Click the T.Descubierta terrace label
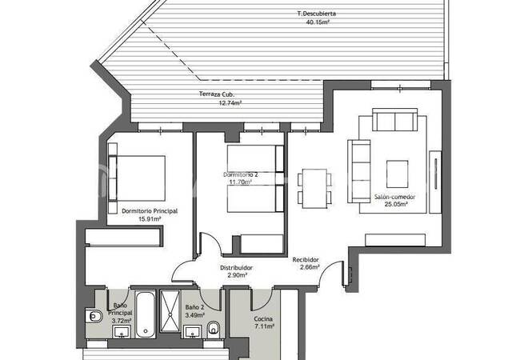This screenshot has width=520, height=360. (316, 14)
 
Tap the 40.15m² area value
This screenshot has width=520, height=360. (318, 22)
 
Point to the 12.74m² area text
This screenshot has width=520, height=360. (230, 102)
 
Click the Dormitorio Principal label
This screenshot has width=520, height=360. (150, 211)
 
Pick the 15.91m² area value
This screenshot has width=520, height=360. (150, 218)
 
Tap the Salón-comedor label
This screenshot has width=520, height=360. (395, 197)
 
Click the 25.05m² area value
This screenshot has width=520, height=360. (396, 204)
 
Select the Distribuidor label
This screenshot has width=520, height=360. (237, 268)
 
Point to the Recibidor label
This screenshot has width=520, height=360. (306, 260)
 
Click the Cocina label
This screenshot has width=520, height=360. (263, 319)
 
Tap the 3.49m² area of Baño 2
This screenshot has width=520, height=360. (194, 315)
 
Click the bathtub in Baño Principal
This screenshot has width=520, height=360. (146, 314)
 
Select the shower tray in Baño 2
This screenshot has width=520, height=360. (170, 311)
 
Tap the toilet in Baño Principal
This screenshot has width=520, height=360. (94, 317)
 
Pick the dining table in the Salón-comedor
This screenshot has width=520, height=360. (314, 189)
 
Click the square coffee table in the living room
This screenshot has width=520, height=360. (397, 174)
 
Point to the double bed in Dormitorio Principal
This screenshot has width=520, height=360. (137, 178)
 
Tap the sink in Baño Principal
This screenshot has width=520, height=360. (122, 332)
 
